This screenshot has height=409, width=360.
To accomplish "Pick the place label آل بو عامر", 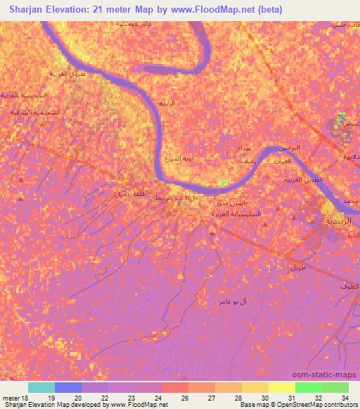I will (233, 301).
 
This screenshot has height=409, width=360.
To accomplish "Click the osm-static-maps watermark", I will (329, 375).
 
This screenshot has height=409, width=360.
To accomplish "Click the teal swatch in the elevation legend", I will (41, 387).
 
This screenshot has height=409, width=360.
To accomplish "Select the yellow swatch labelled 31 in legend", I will (281, 387).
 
